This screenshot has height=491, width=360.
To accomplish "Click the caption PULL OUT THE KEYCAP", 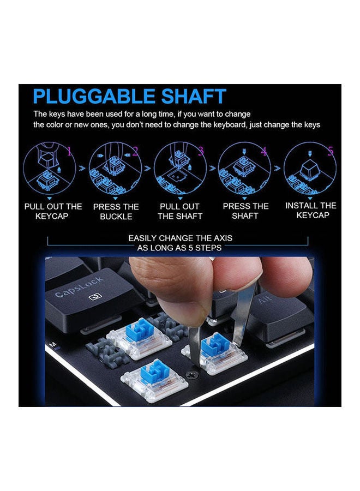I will pyautogui.click(x=53, y=211).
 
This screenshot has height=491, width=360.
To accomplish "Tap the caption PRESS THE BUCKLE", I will pyautogui.click(x=116, y=212).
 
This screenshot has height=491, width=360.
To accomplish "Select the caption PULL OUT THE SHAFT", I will pyautogui.click(x=179, y=212).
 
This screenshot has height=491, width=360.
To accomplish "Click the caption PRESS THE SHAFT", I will pyautogui.click(x=245, y=211).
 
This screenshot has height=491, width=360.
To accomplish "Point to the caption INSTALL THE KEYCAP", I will pyautogui.click(x=311, y=211).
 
